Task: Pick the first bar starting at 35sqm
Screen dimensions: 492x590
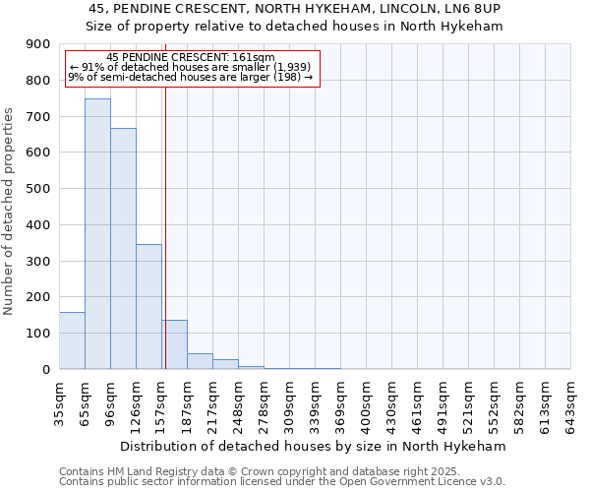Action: click(x=72, y=340)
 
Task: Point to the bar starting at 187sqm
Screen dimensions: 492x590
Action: click(x=200, y=361)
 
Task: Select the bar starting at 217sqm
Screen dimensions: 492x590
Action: click(x=225, y=364)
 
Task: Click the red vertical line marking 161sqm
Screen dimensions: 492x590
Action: click(x=165, y=226)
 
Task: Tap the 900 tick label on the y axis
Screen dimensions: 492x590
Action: click(x=38, y=44)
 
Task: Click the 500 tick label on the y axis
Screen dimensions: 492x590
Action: click(x=38, y=189)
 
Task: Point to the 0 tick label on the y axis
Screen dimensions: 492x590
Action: click(x=45, y=369)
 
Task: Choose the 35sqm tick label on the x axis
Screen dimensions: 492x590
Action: click(x=59, y=401)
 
